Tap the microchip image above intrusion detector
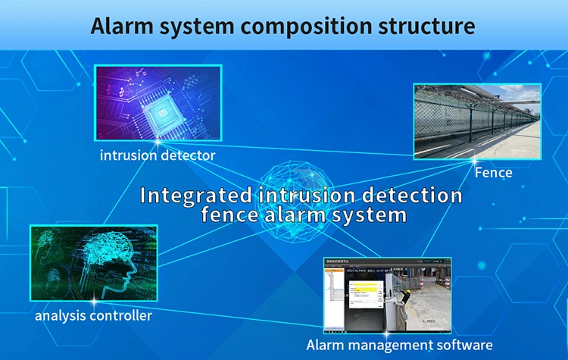click(x=158, y=102)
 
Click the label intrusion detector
click(x=158, y=155)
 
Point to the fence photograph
click(x=477, y=121)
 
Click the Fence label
click(x=493, y=173)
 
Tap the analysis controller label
click(x=93, y=315)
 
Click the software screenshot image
click(x=385, y=296)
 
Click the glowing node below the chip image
click(x=158, y=140)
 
